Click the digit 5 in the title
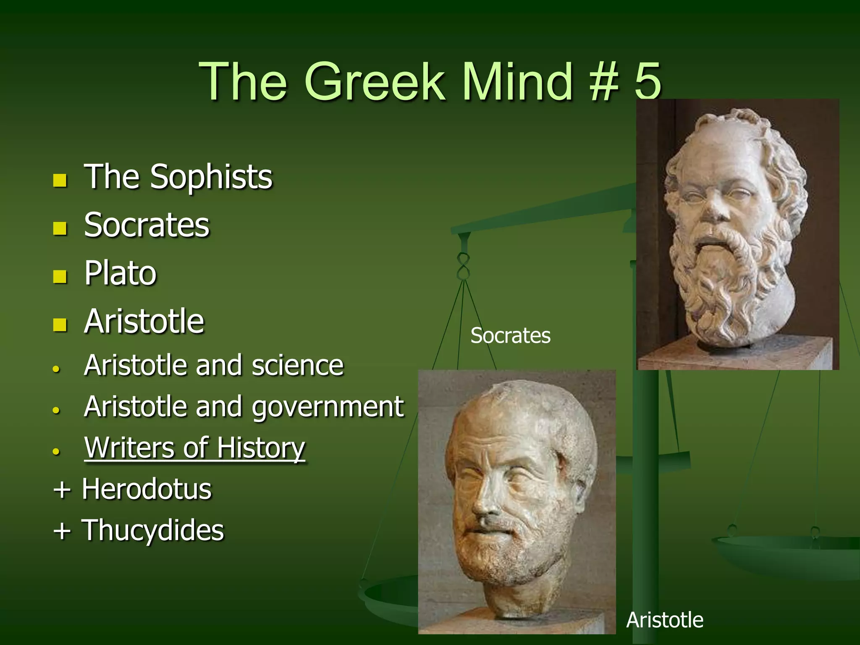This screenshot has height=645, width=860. tap(648, 81)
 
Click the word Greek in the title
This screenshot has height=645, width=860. tap(375, 81)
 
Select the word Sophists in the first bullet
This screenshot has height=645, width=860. tap(211, 177)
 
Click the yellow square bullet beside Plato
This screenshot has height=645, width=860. tap(60, 276)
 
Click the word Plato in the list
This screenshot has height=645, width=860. tap(121, 273)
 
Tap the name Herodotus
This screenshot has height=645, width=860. tap(147, 489)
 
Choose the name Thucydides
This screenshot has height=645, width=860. tap(153, 530)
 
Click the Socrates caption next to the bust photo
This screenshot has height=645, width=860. tap(510, 336)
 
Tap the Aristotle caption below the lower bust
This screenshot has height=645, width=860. tap(665, 620)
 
